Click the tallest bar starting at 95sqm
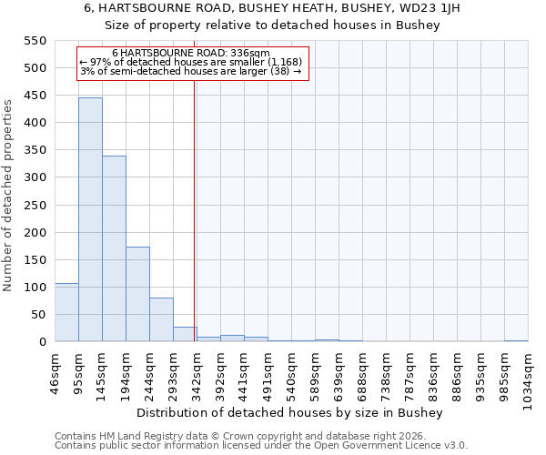pos(90,219)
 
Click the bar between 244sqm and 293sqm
pos(161,319)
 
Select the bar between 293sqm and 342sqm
pos(185,334)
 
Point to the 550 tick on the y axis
pos(35,41)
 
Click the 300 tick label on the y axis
pos(35,177)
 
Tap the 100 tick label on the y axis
pos(35,288)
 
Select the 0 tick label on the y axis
pos(42,342)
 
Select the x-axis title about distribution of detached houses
pos(291,412)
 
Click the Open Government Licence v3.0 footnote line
pos(261,446)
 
